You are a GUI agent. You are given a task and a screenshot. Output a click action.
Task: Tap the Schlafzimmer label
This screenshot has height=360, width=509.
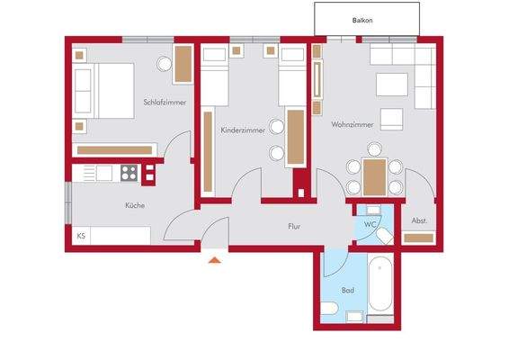tap(165, 103)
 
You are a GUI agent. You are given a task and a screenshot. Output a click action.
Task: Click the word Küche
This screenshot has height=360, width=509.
tap(135, 206)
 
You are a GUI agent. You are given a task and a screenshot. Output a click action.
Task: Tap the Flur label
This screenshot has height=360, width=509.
tap(294, 228)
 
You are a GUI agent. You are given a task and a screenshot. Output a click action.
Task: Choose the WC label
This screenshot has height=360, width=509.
tap(370, 224)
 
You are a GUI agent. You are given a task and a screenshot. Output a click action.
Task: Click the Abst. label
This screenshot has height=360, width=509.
tap(419, 220)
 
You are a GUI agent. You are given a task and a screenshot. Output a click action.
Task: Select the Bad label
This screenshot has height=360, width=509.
tap(348, 291)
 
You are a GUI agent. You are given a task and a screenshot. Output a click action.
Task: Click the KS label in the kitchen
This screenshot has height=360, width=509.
tap(81, 237)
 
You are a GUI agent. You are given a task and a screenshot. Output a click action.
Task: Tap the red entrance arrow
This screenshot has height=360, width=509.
tap(213, 261)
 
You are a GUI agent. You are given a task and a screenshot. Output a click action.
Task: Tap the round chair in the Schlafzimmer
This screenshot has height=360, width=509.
tap(165, 65)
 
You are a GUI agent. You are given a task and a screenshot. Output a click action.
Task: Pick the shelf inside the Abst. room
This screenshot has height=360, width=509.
tap(419, 238)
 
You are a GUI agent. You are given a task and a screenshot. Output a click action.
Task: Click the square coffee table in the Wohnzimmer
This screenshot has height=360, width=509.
tap(391, 120)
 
